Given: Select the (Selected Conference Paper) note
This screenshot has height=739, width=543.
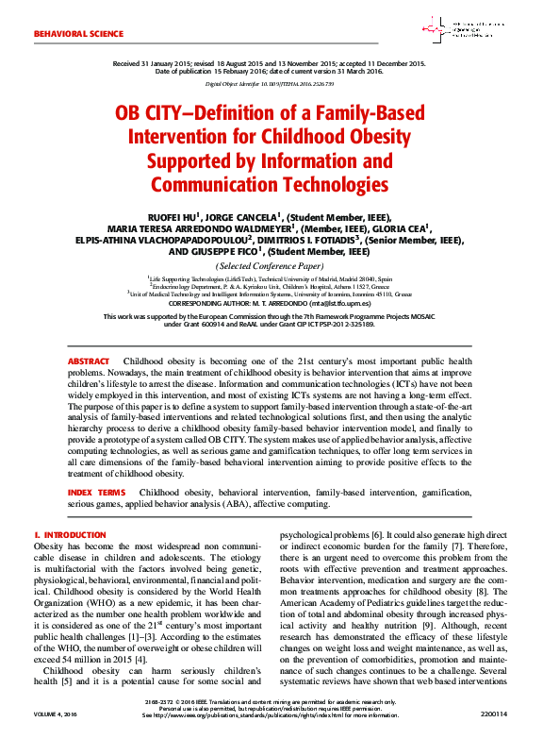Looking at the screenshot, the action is pyautogui.click(x=271, y=266).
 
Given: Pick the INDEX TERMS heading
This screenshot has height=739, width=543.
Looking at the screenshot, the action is pyautogui.click(x=96, y=493).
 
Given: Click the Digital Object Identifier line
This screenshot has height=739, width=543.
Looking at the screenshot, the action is pyautogui.click(x=271, y=82).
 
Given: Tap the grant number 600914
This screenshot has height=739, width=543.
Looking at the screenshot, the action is pyautogui.click(x=210, y=324).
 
